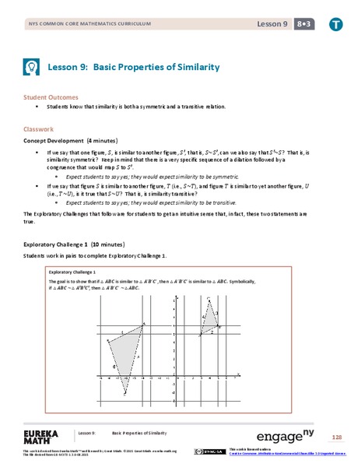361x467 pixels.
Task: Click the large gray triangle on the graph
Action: (x=128, y=347)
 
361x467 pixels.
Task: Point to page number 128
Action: (x=335, y=437)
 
